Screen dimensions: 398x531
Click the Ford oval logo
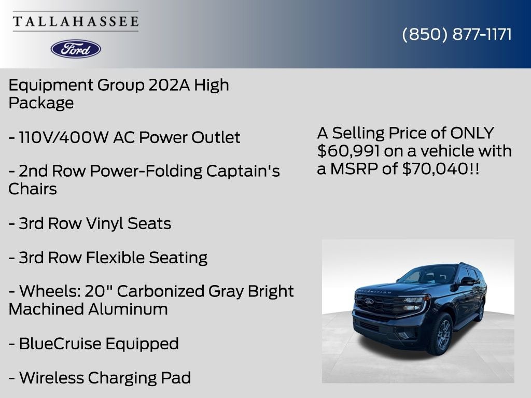76,49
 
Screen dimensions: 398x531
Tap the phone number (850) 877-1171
457,34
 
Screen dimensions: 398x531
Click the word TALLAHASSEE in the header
76,22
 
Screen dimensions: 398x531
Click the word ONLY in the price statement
472,133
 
